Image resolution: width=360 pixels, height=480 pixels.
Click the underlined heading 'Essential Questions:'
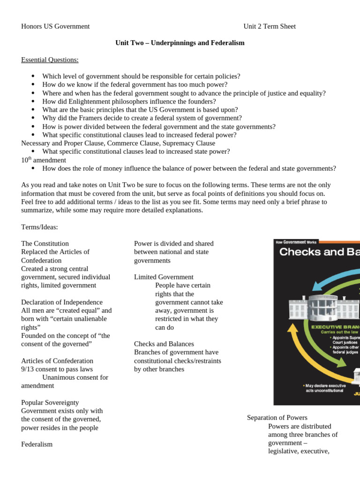point(50,60)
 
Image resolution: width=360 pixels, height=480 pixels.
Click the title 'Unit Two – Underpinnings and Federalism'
point(180,43)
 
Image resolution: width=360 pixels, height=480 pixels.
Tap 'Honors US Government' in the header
point(55,26)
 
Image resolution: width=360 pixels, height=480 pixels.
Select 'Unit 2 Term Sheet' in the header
point(269,26)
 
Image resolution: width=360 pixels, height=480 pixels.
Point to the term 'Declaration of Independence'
point(62,302)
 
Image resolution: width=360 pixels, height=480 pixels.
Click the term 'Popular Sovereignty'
point(50,403)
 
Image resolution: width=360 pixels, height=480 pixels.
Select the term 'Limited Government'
point(164,277)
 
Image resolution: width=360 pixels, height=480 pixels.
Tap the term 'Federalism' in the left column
point(37,444)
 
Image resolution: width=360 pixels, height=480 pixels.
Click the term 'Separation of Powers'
point(277,418)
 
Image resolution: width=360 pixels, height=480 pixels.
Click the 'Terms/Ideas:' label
point(40,227)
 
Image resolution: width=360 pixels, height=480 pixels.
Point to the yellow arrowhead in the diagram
point(292,329)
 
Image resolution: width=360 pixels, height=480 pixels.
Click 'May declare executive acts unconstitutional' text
point(323,388)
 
